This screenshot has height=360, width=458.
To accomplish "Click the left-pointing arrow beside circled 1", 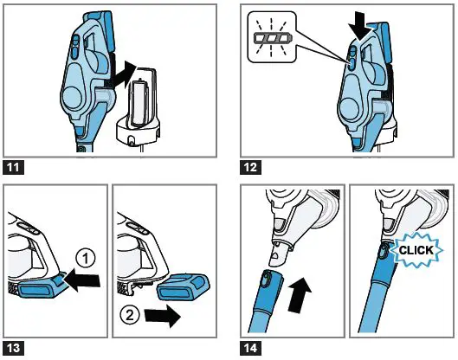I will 84,280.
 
